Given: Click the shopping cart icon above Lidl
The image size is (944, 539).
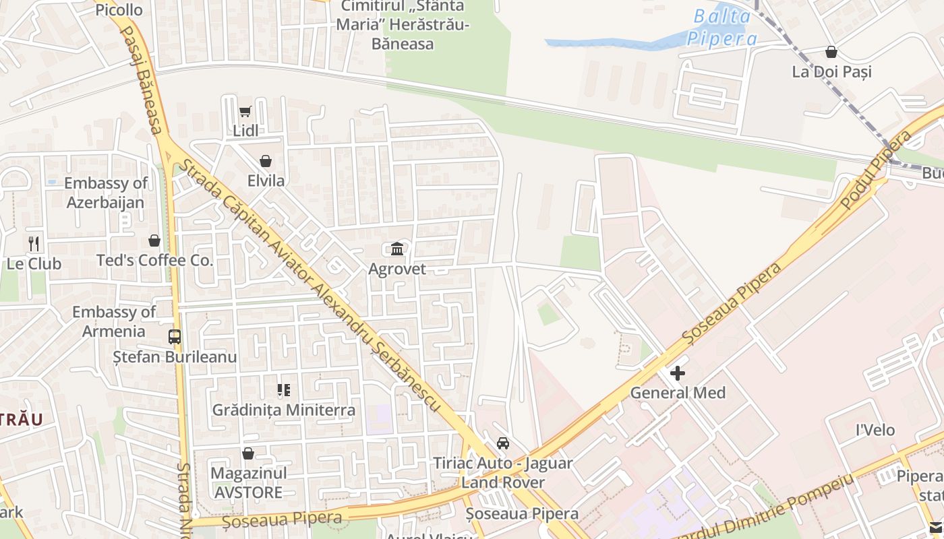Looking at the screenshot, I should [x=245, y=112].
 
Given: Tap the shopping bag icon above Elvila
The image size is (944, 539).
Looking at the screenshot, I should [x=266, y=162].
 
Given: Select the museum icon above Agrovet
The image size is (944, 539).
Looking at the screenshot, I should [x=397, y=249].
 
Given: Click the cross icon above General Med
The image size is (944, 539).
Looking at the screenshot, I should [x=678, y=373].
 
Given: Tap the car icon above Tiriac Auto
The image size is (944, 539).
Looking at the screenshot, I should [x=503, y=443].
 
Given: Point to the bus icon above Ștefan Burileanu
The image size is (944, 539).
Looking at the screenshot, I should [x=175, y=336].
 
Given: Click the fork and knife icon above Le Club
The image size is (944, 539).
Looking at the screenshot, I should [x=34, y=244].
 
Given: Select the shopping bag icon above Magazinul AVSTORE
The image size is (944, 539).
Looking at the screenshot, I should [x=248, y=453].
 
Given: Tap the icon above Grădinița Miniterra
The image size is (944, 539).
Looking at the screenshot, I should [x=284, y=390].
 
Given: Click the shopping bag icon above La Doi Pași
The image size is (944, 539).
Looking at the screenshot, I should [x=831, y=52].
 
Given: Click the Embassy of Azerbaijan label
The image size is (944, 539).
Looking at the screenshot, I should [x=106, y=193].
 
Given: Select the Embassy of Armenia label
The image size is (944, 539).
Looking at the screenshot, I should [x=114, y=321].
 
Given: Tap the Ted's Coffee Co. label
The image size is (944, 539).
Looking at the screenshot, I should [x=154, y=260].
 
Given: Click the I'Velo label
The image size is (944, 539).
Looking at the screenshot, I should [x=875, y=430].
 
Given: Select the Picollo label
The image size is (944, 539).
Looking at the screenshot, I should [x=119, y=9].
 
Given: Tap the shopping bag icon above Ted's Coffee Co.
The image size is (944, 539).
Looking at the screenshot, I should [x=154, y=241].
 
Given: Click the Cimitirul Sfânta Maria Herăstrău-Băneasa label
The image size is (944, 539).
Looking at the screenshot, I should [x=403, y=26].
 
